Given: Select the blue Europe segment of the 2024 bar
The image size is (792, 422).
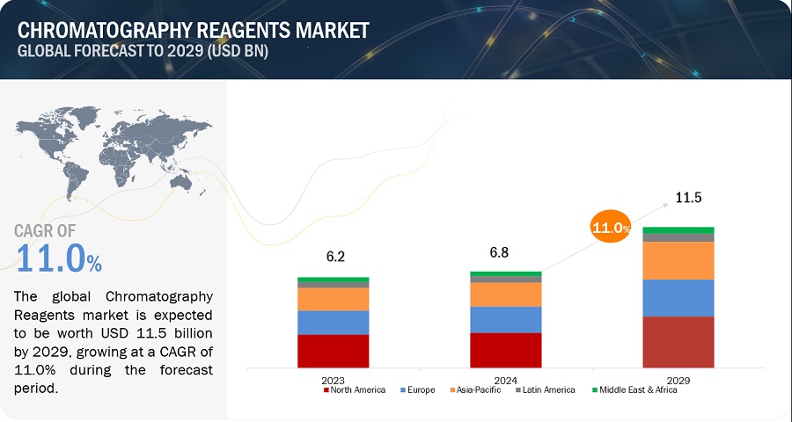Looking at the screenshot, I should point(505,319).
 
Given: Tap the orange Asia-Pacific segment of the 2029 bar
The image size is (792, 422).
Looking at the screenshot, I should point(678,260).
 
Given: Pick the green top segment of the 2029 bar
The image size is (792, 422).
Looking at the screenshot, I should point(678,230).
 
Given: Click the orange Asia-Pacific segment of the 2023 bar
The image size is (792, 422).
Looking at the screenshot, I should point(333,299).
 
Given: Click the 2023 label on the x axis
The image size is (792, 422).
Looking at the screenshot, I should point(333,380).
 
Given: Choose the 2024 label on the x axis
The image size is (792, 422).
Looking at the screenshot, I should point(505,380).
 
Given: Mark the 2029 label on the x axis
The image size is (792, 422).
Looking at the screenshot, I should point(678,380).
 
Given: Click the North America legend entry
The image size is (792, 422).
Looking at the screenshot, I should point(356,390).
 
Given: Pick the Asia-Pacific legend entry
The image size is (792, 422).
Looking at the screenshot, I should point(476,390).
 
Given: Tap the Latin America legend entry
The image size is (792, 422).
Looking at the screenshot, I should point(546,390).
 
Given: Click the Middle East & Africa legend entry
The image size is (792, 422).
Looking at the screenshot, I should point(635,390).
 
